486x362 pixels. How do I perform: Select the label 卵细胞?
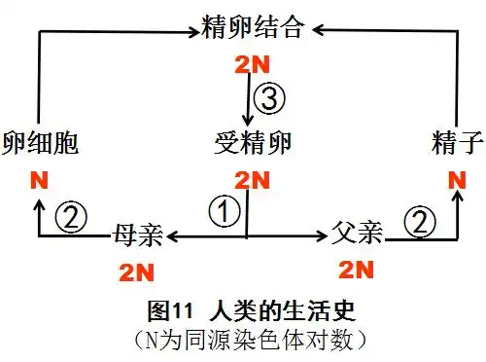coord(40,144)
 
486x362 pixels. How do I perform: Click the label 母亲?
coord(137,234)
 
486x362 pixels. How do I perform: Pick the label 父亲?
coord(357,234)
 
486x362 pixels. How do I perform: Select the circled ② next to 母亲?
coord(69,216)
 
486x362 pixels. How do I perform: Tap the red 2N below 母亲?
coord(136,271)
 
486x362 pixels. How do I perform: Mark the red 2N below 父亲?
coord(356,270)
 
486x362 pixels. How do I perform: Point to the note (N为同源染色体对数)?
coord(243,342)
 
